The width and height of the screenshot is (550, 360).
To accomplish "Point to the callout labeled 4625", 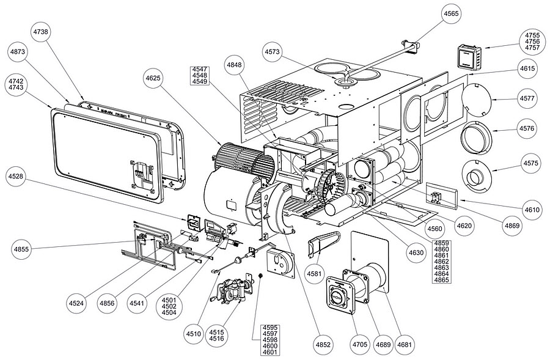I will pos(156,79).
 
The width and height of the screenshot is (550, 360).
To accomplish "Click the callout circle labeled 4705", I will pos(360,345).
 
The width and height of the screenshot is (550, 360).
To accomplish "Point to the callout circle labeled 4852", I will pos(323,345).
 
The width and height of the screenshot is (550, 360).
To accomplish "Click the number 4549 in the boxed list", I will pos(200,81).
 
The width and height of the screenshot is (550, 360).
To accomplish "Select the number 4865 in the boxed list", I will pos(441,280).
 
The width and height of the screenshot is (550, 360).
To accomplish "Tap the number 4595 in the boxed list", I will pos(269,327).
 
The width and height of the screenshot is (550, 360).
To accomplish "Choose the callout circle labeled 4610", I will pos(532,210).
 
